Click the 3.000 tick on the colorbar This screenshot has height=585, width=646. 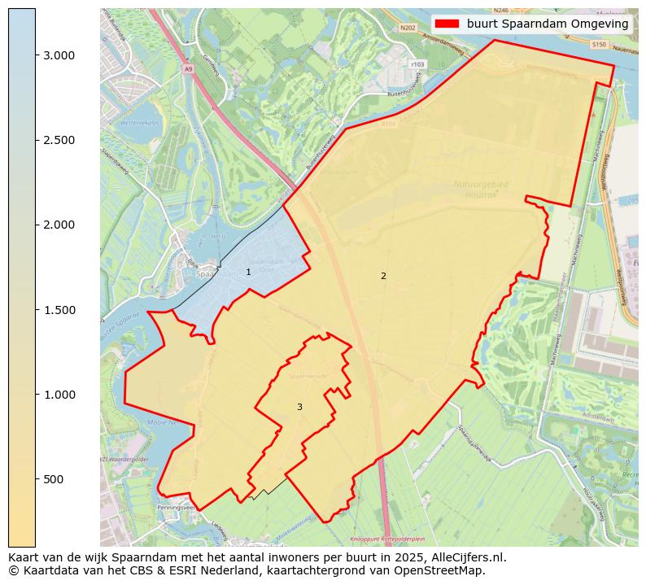pyautogui.click(x=59, y=55)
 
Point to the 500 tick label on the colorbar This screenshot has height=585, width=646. pyautogui.click(x=54, y=479)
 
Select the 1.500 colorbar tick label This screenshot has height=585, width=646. pyautogui.click(x=59, y=310)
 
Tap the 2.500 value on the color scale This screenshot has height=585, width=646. pyautogui.click(x=59, y=140)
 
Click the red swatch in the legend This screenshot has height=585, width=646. pyautogui.click(x=447, y=24)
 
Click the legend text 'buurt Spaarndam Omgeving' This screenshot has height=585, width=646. pyautogui.click(x=548, y=24)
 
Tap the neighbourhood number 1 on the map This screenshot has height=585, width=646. pyautogui.click(x=248, y=273)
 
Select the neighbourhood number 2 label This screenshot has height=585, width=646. pyautogui.click(x=383, y=276)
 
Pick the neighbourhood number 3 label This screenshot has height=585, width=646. pyautogui.click(x=299, y=407)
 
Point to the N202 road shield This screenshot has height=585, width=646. pyautogui.click(x=408, y=28)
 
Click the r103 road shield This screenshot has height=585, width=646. pyautogui.click(x=418, y=63)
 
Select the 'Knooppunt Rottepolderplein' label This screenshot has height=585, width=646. pyautogui.click(x=387, y=539)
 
